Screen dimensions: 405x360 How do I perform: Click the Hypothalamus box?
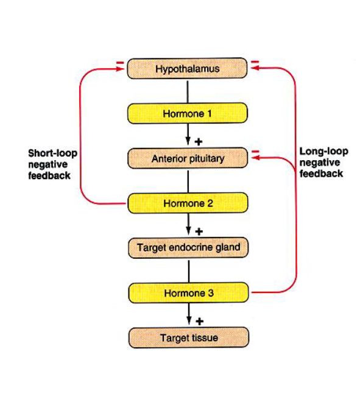[x=188, y=69]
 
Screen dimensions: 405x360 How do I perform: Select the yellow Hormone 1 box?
[x=188, y=113]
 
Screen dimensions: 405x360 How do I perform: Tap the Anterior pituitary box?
[x=188, y=158]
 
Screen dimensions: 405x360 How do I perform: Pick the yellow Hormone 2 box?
[x=188, y=203]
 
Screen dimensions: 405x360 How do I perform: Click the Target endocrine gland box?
[x=188, y=248]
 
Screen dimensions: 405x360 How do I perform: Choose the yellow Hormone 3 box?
[x=188, y=293]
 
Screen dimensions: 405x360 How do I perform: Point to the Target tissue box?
[x=188, y=337]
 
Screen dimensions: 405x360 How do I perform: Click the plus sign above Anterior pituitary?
[x=199, y=141]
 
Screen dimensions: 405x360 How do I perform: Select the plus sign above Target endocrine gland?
[x=199, y=231]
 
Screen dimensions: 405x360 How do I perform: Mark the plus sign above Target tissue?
[x=199, y=321]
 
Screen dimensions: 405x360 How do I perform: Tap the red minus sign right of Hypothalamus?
[x=255, y=62]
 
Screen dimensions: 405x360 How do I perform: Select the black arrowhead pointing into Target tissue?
[x=188, y=322]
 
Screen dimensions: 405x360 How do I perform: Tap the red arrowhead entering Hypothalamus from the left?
[x=122, y=69]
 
